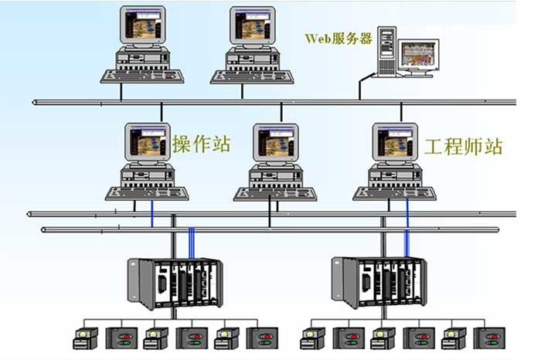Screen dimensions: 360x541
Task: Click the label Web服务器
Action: click(338, 38)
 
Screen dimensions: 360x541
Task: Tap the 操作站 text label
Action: click(202, 144)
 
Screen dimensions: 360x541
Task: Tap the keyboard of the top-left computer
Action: click(142, 75)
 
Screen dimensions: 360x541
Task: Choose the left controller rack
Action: click(175, 279)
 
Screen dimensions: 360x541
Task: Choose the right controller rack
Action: click(379, 279)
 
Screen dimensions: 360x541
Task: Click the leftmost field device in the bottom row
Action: click(83, 337)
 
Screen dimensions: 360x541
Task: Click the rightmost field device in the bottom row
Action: click(490, 337)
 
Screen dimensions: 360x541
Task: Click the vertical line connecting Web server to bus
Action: click(360, 88)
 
